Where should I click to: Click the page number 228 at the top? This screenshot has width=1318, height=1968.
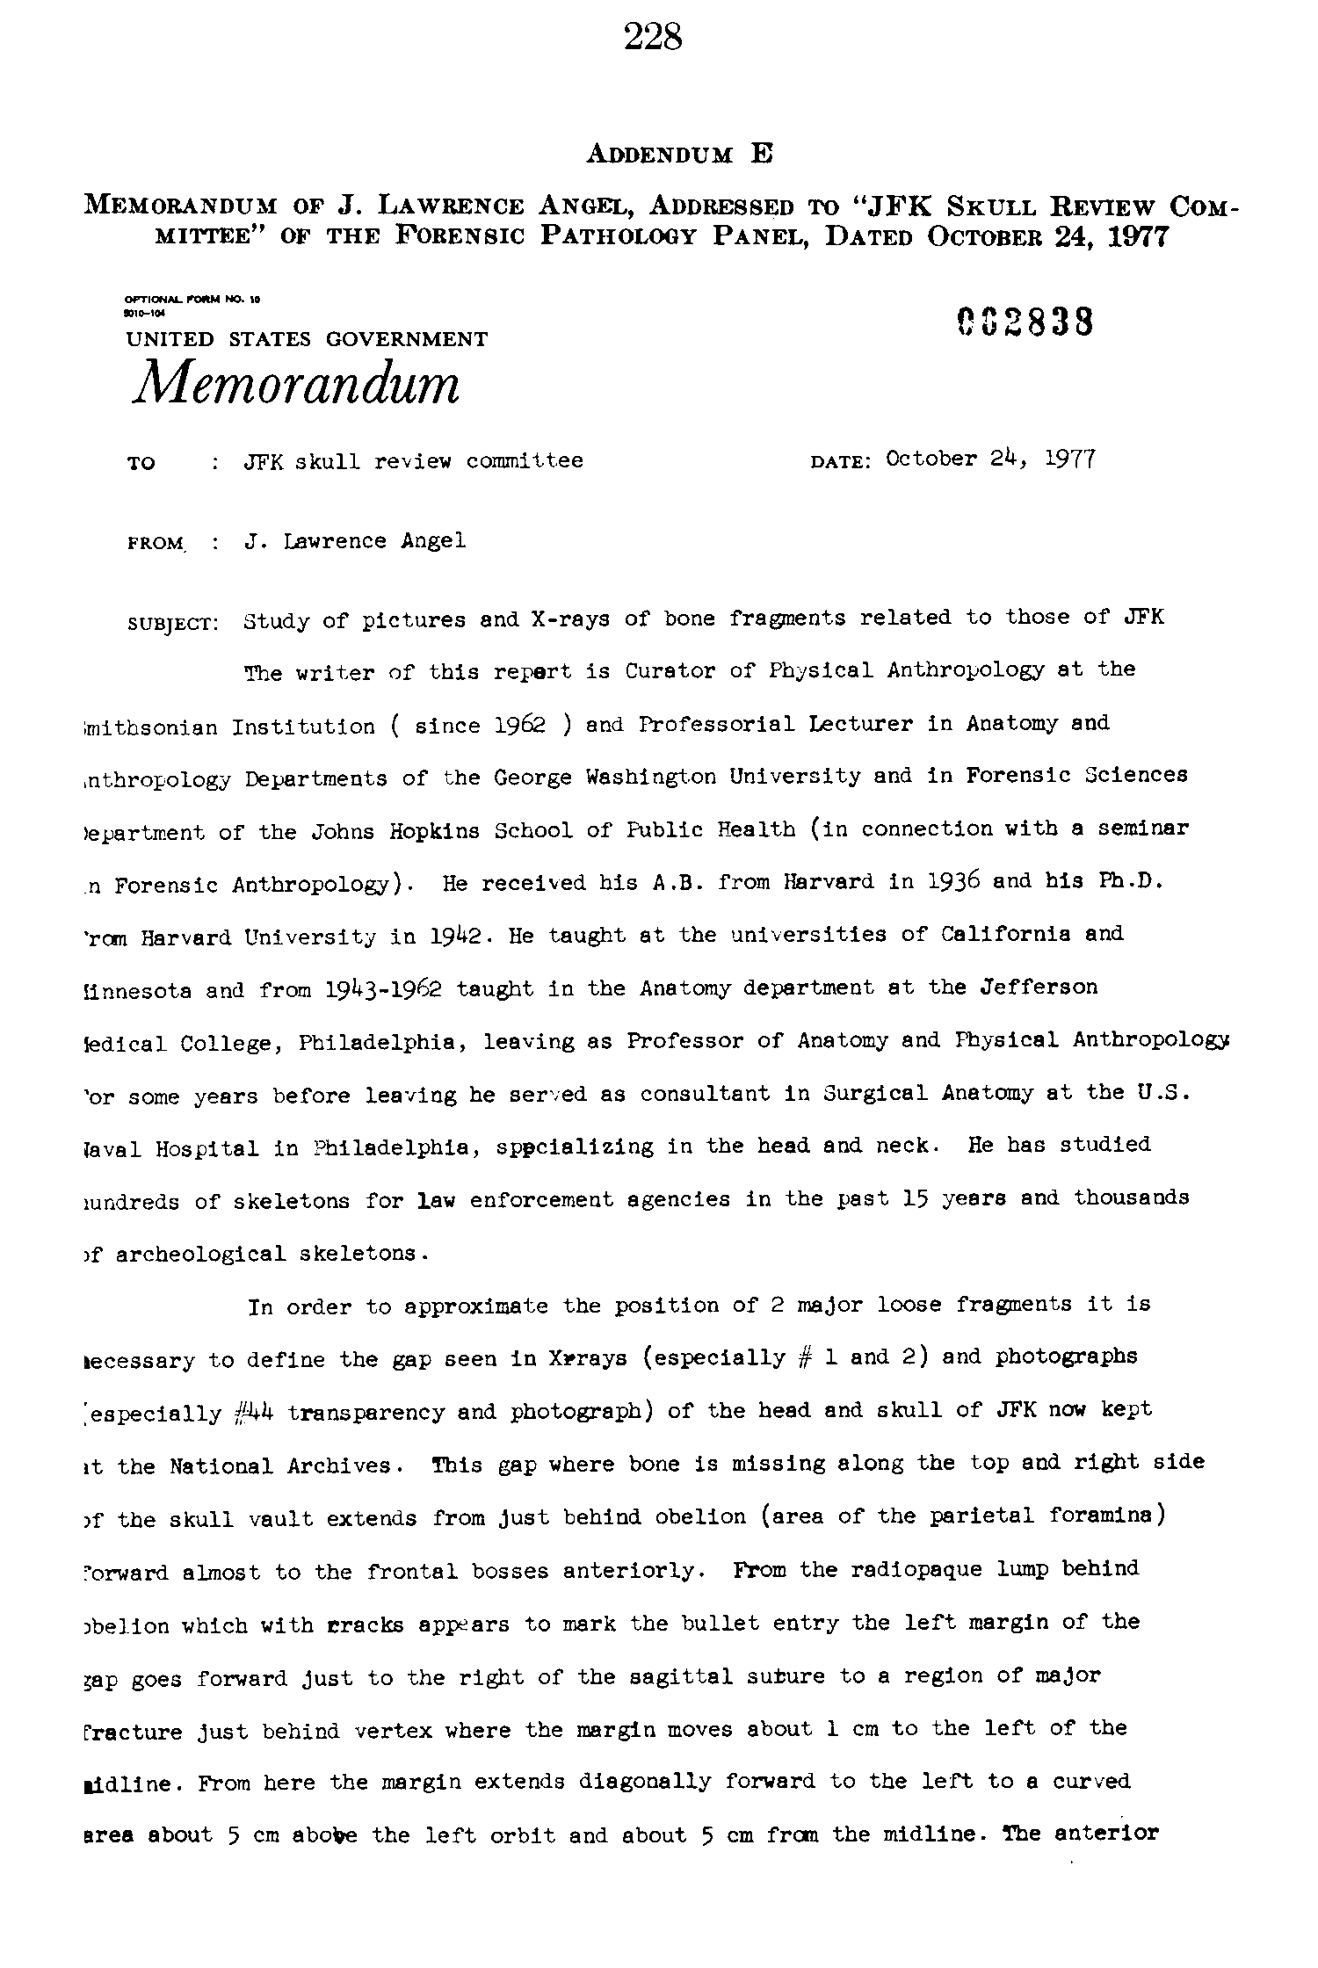click(653, 37)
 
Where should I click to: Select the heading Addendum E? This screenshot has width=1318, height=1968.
click(678, 155)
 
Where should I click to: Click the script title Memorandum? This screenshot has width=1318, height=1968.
click(296, 383)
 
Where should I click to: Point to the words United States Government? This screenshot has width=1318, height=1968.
click(307, 339)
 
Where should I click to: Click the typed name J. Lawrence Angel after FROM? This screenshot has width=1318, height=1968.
click(355, 541)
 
